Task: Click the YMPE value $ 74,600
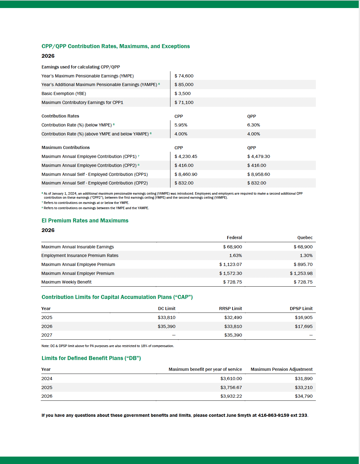click(x=184, y=76)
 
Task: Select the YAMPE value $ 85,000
click(x=184, y=85)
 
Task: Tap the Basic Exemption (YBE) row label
click(x=64, y=93)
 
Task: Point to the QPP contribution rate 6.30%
click(x=253, y=125)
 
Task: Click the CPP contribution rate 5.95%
click(x=181, y=125)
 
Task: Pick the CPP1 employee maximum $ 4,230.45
click(x=186, y=156)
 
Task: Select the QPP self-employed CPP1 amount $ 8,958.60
click(x=258, y=174)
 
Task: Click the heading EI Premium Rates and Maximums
click(x=85, y=221)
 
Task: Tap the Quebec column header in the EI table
click(x=305, y=238)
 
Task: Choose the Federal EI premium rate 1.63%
click(x=235, y=255)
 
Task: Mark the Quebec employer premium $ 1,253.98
click(x=301, y=273)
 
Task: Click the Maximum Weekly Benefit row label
click(x=66, y=282)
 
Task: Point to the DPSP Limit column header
click(x=301, y=309)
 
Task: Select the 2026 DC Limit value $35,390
click(x=166, y=326)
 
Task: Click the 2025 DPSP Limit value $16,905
click(x=303, y=317)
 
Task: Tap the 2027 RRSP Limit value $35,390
click(x=233, y=335)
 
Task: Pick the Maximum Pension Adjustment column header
click(x=281, y=369)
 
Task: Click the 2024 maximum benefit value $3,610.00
click(x=231, y=379)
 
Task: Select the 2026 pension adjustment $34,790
click(x=303, y=396)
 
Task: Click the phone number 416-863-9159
click(x=273, y=415)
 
